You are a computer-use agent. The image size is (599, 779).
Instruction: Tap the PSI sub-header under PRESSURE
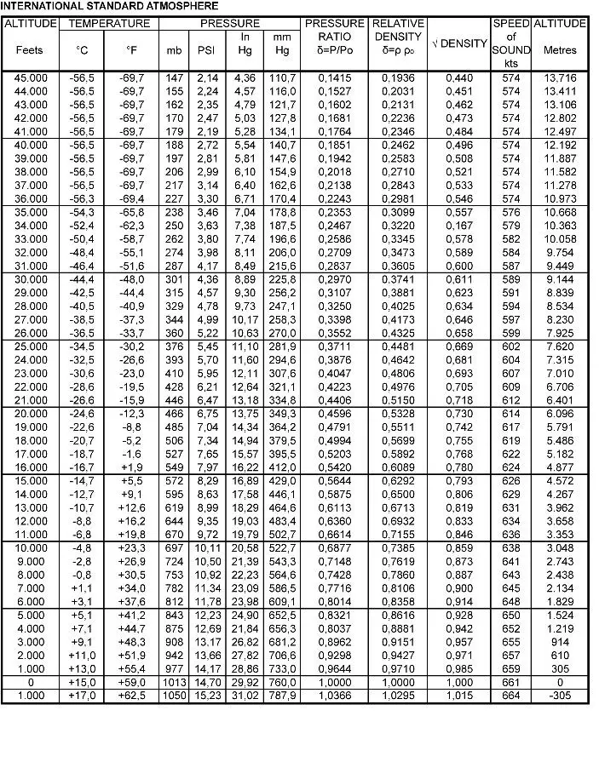coord(206,50)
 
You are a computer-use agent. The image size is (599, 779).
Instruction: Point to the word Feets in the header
coord(29,50)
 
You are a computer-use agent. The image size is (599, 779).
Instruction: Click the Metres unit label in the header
coord(560,50)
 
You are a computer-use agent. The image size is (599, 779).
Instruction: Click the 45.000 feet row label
coord(30,78)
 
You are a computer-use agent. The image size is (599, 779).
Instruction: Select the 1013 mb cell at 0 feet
coord(174,683)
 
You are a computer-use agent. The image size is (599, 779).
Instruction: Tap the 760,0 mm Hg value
coord(282,683)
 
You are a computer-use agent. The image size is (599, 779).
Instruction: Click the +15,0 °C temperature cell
coord(82,683)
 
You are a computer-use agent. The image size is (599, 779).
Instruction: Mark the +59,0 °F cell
coord(131,683)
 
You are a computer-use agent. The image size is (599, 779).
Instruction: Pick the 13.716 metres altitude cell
coord(560,78)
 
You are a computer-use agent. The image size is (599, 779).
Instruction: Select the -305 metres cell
coord(560,696)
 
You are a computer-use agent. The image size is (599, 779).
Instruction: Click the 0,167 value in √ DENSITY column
coord(459,225)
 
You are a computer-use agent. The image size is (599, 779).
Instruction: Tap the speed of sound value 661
coord(510,683)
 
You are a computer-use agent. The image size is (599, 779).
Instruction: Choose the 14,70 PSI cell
coord(207,683)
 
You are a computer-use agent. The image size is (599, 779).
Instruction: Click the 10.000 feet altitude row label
coord(30,546)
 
